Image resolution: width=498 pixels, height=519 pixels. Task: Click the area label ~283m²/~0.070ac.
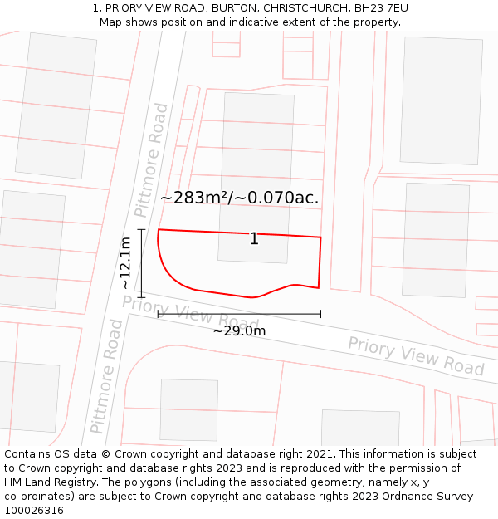(x=239, y=198)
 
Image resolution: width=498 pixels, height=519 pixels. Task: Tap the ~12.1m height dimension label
(x=125, y=262)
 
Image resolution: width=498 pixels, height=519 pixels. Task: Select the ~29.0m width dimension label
(x=239, y=331)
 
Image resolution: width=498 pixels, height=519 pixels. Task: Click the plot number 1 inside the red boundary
(x=254, y=239)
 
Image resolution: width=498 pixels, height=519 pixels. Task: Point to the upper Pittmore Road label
(x=151, y=160)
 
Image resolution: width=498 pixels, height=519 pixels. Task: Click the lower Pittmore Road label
(x=107, y=376)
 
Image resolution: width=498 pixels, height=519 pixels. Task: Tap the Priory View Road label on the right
(x=415, y=356)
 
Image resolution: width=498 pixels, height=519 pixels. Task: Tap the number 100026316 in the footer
(x=35, y=511)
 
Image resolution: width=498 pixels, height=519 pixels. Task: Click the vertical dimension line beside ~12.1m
(x=142, y=263)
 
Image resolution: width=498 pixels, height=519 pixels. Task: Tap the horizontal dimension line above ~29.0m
(x=239, y=314)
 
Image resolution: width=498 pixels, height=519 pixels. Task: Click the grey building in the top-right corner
(x=441, y=100)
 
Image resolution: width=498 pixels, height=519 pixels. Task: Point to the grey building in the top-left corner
(x=56, y=105)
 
